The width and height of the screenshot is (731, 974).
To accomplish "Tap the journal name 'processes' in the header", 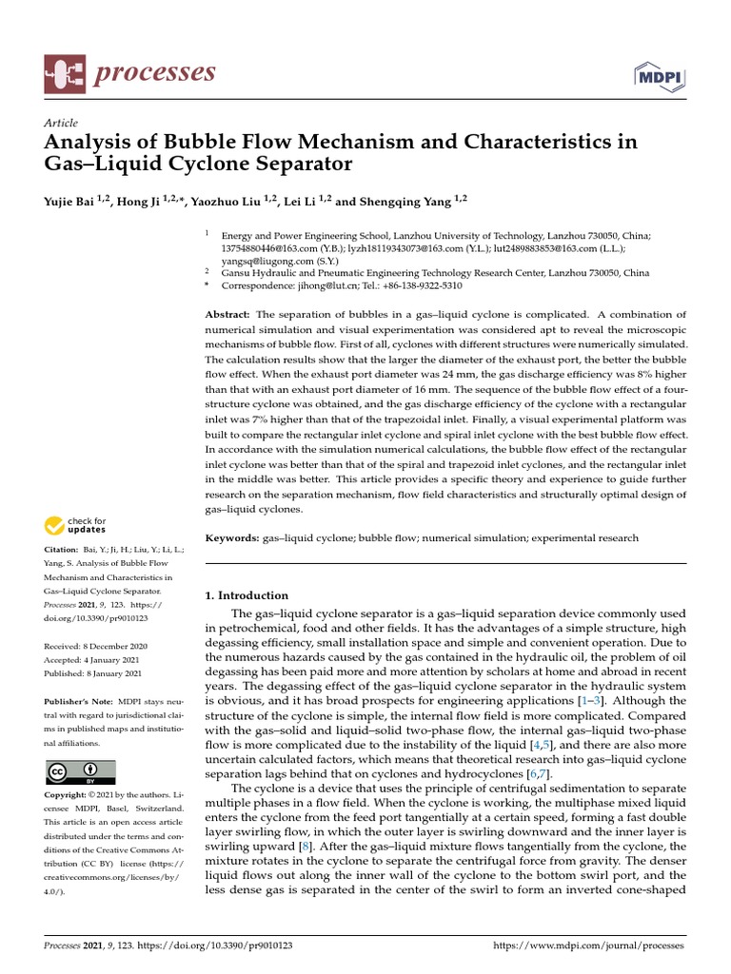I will click(154, 73).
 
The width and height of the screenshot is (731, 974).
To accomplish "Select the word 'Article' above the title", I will click(61, 123).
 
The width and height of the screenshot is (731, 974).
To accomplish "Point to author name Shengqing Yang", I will click(406, 201).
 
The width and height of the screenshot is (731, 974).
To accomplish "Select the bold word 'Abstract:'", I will click(228, 315).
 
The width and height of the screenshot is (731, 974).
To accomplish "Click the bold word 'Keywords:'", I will click(233, 537).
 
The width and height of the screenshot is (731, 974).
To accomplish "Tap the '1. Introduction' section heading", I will click(247, 595).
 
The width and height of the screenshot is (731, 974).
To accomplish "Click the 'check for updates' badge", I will click(75, 524).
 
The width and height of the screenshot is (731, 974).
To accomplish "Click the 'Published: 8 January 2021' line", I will click(93, 673).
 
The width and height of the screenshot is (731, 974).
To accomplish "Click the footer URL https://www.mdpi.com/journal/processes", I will click(587, 946).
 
